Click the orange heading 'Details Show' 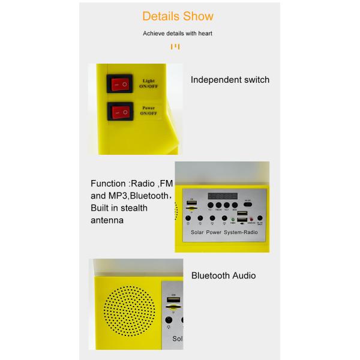(178, 16)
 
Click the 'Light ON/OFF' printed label (148, 83)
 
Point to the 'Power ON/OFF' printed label (148, 110)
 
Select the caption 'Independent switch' (230, 80)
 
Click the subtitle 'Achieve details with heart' (178, 34)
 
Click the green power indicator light (232, 220)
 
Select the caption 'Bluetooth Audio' (223, 276)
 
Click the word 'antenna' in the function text (107, 220)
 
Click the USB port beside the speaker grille (174, 298)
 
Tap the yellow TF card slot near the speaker (173, 307)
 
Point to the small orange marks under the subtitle (175, 46)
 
